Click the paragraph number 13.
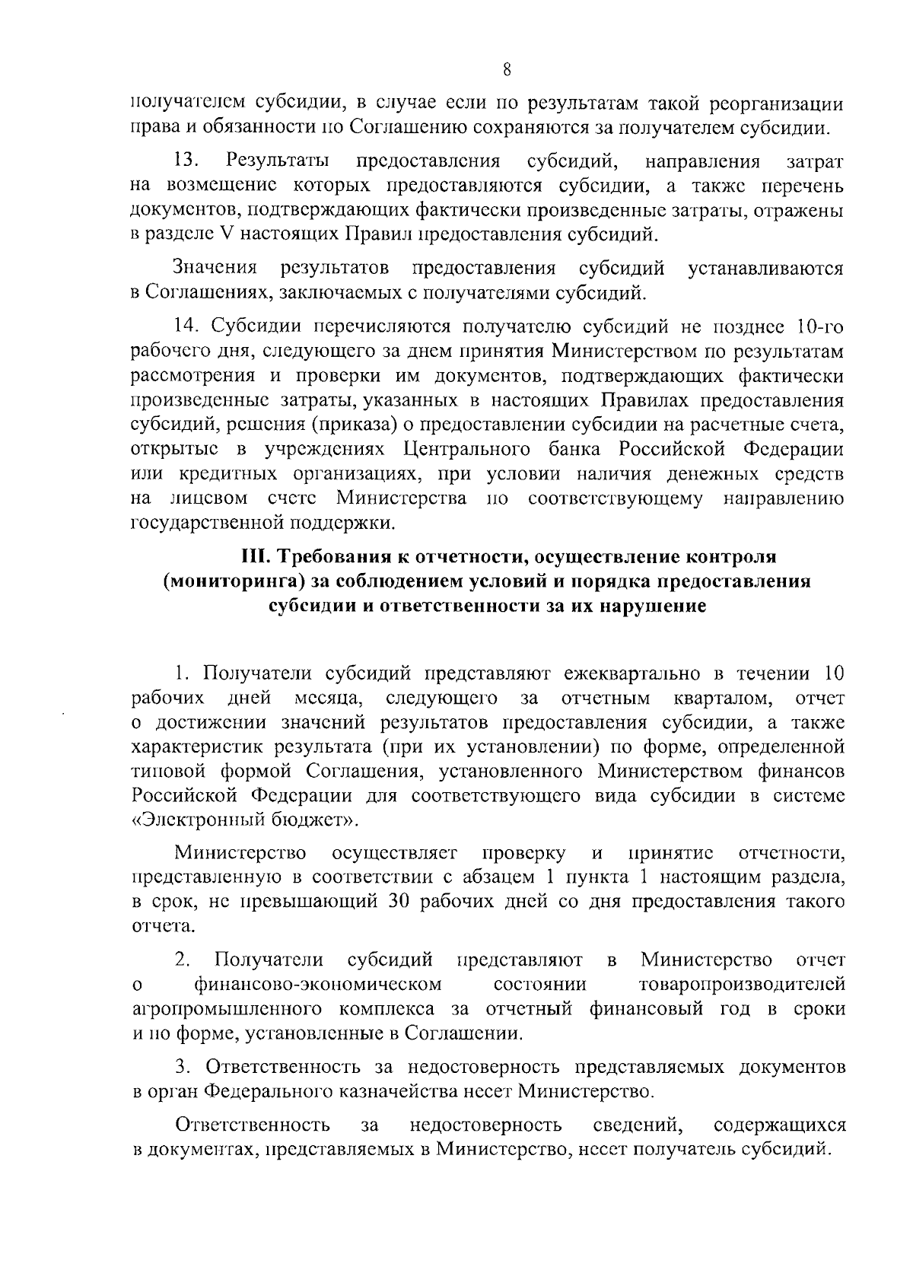(186, 161)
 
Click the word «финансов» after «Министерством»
(803, 772)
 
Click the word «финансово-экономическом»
(318, 985)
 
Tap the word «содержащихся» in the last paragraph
(780, 1125)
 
